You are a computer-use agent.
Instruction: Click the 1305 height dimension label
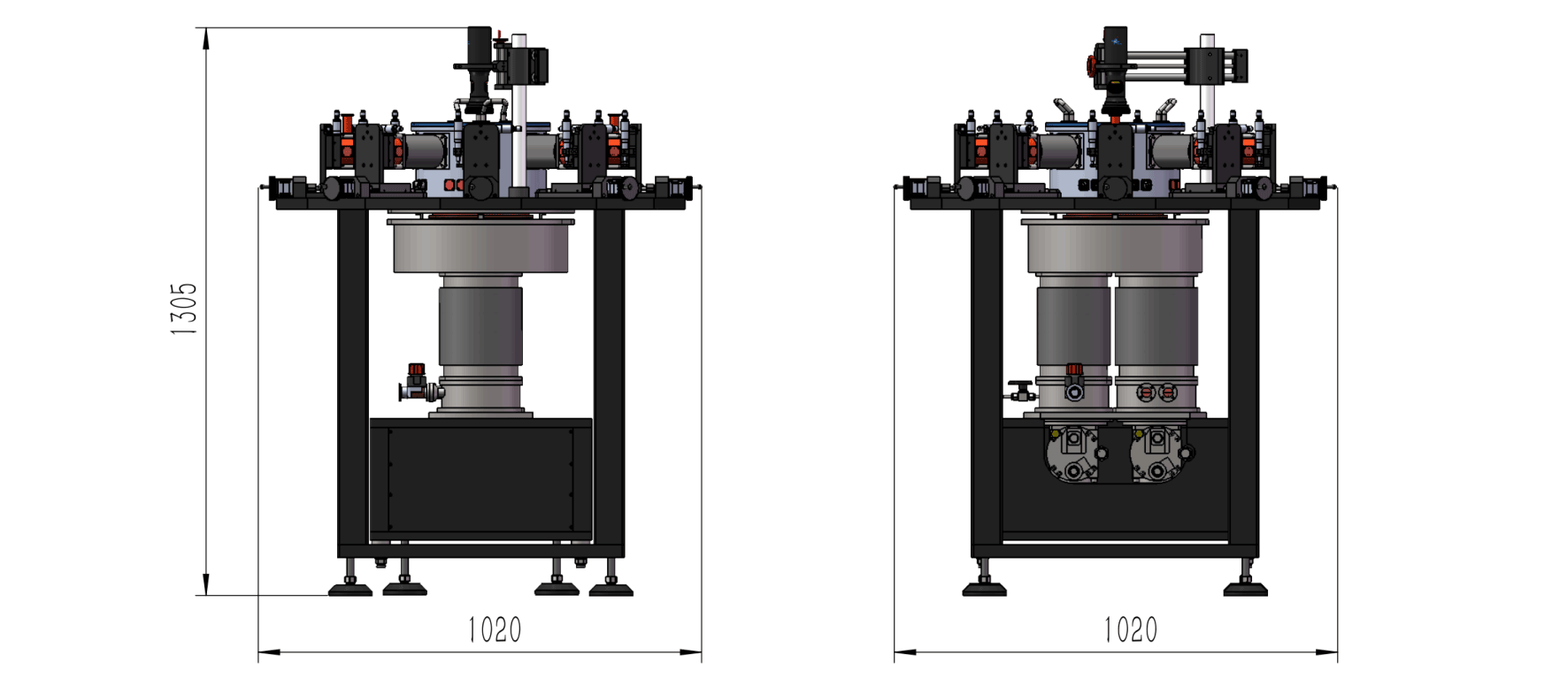coord(184,309)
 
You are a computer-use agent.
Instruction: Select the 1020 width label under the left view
coord(495,630)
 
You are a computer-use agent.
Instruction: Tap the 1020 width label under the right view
coord(1130,630)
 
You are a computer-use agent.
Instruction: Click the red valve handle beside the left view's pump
coord(415,370)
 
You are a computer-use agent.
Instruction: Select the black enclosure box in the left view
coord(480,478)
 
